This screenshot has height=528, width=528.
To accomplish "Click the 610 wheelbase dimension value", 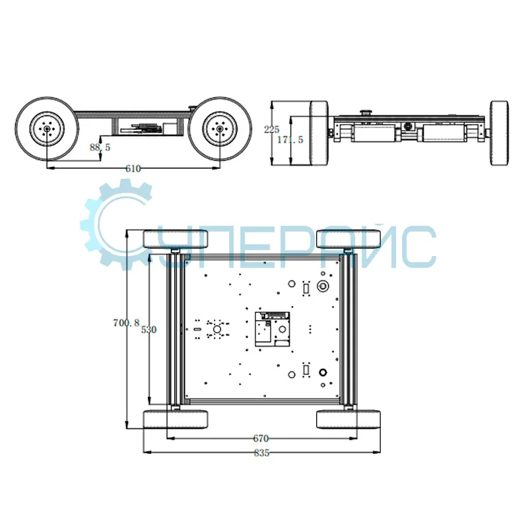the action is tap(133, 169).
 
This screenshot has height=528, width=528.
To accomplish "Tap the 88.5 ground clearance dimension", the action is tap(100, 147).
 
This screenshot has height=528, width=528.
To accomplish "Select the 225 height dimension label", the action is tap(272, 129).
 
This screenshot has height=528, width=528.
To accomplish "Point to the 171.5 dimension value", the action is tap(290, 139).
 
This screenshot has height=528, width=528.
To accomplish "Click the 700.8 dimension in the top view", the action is tap(126, 323).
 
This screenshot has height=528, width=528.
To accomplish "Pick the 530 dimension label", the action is tap(149, 329).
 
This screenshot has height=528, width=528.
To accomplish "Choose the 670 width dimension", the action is tap(261, 438).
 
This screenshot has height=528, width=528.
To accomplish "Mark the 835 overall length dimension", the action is tap(261, 453).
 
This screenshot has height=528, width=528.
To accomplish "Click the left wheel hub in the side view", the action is tap(47, 129).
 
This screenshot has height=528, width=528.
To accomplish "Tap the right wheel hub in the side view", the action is tap(220, 129).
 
